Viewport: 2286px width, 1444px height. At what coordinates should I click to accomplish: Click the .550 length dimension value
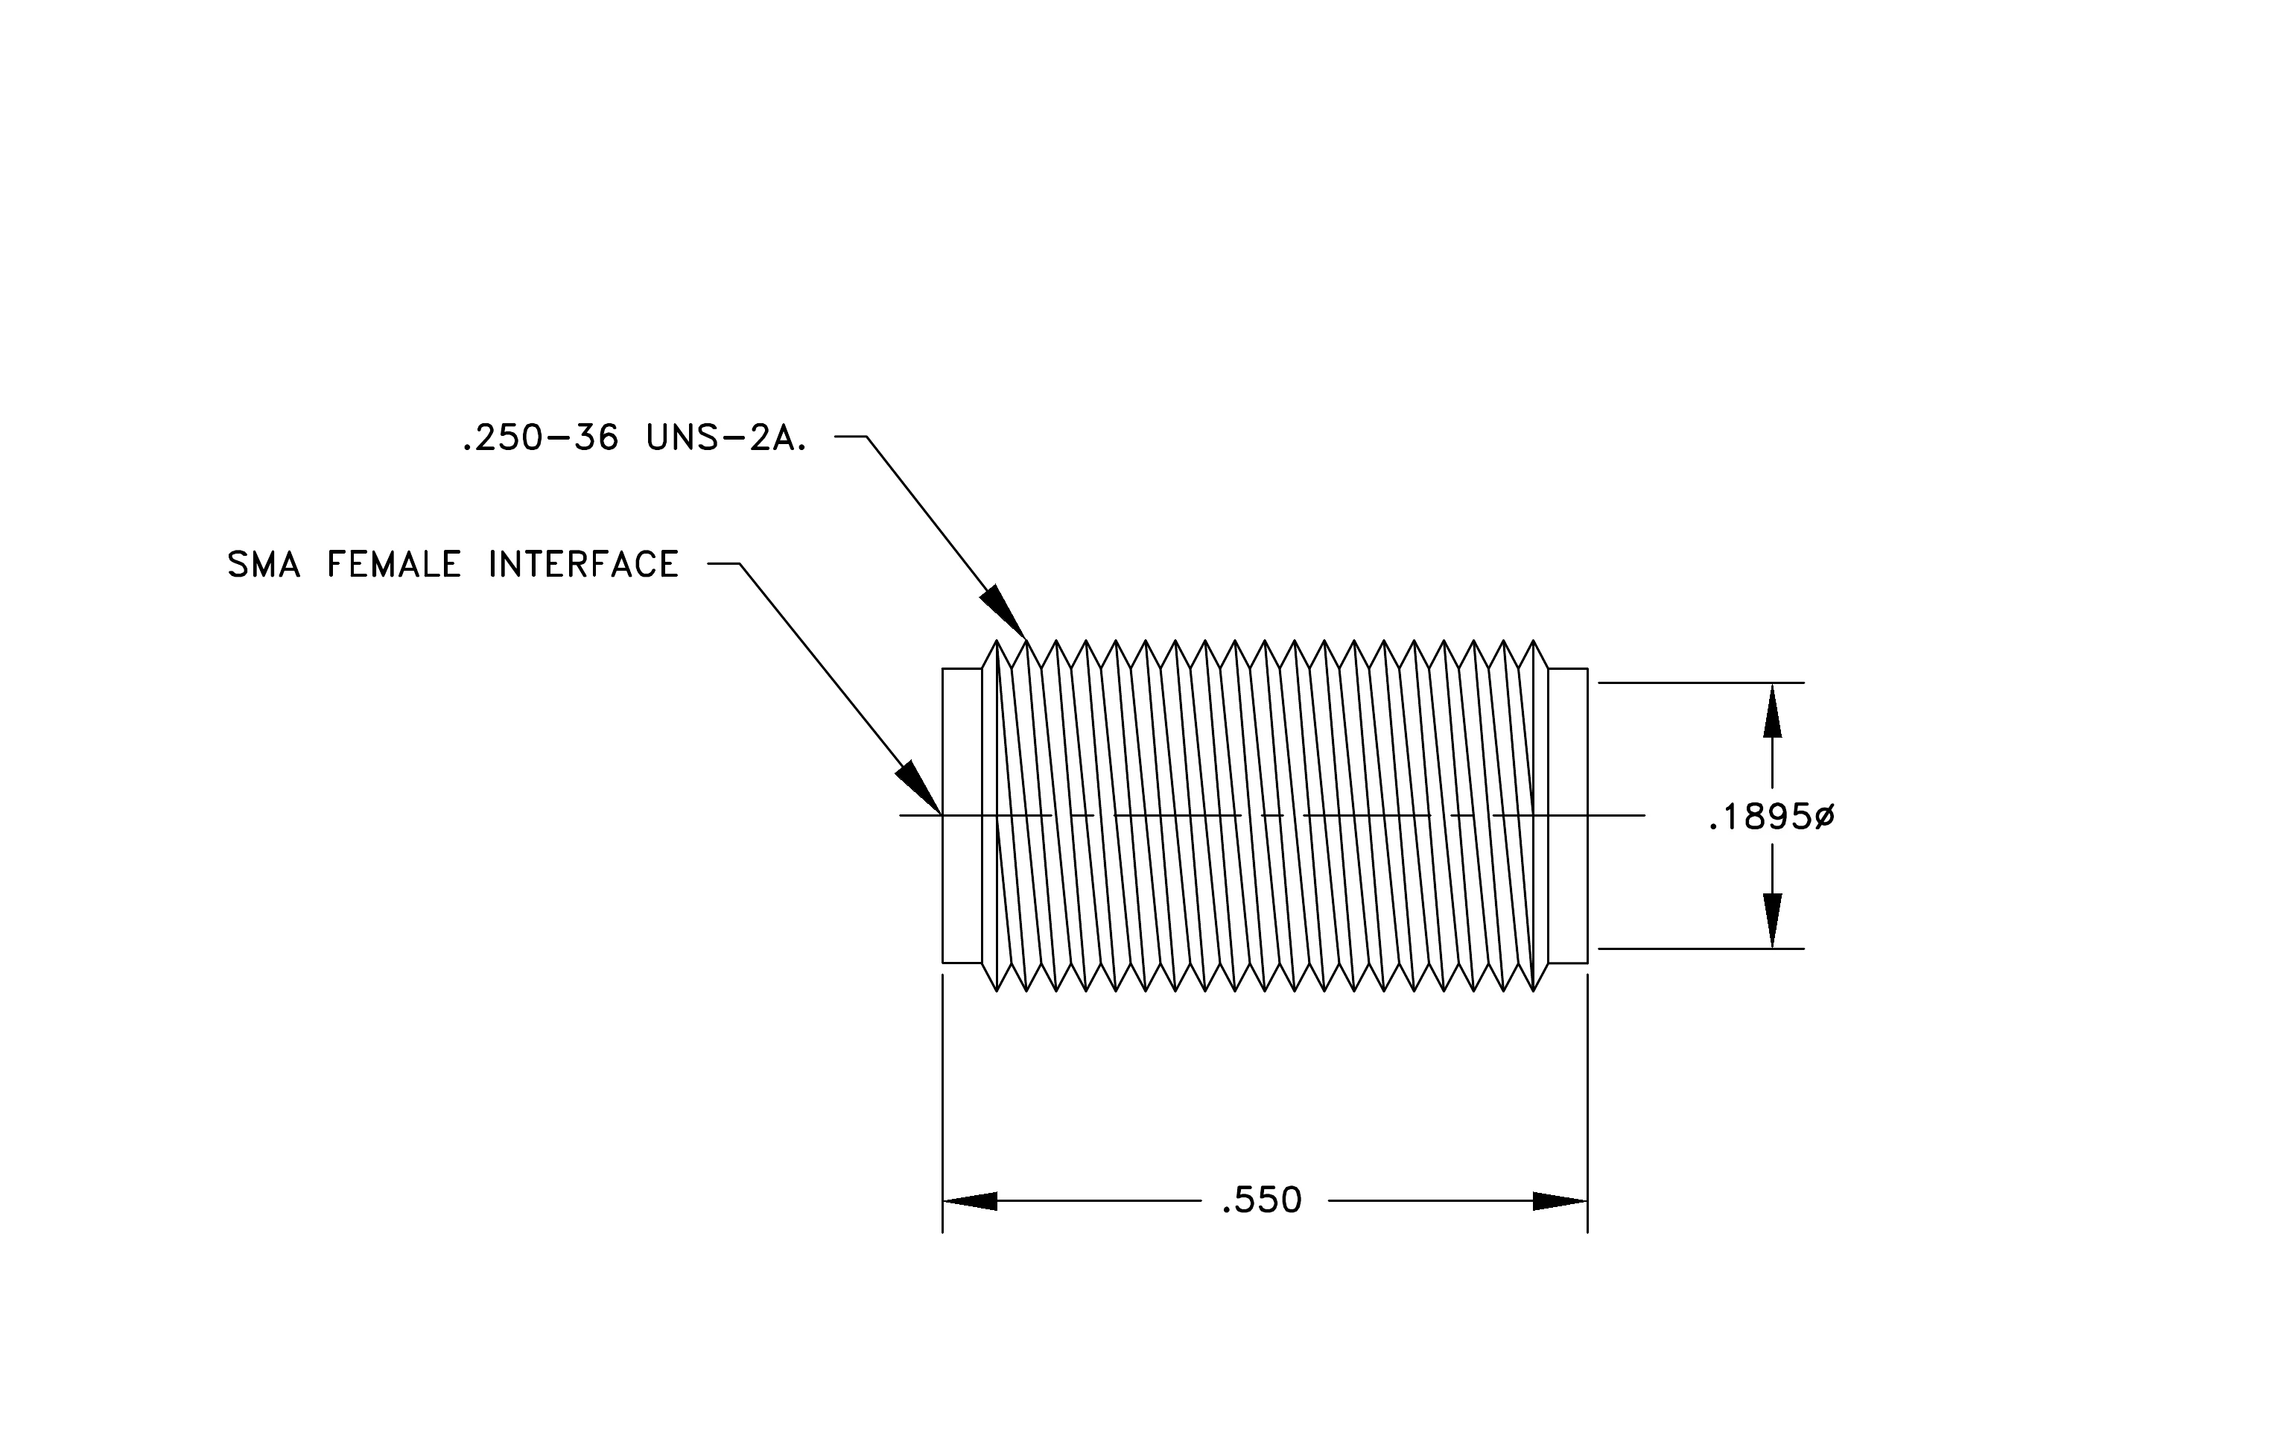[x=1262, y=1201]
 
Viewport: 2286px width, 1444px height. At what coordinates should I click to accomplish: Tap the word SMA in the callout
[x=264, y=565]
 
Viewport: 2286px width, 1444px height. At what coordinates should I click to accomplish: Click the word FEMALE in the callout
[x=394, y=565]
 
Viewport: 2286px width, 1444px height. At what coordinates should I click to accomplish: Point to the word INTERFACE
[x=584, y=565]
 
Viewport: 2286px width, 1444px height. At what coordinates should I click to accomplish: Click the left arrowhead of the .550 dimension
[x=969, y=1201]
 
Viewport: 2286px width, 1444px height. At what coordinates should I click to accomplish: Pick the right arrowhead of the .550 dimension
[x=1560, y=1201]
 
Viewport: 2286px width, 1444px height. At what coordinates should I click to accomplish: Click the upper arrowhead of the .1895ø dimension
[x=1772, y=710]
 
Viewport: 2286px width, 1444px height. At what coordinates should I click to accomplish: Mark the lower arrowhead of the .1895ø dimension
[x=1772, y=920]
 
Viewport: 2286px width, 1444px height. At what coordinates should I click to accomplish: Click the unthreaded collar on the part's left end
[x=962, y=816]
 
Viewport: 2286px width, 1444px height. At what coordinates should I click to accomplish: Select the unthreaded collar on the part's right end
[x=1568, y=816]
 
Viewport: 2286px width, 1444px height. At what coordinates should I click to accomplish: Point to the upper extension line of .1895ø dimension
[x=1702, y=683]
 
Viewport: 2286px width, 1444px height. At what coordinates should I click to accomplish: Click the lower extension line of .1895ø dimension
[x=1702, y=949]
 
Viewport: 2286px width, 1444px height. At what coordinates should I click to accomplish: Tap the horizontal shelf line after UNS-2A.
[x=851, y=437]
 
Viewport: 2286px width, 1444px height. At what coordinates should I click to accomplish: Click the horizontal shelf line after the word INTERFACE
[x=723, y=564]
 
